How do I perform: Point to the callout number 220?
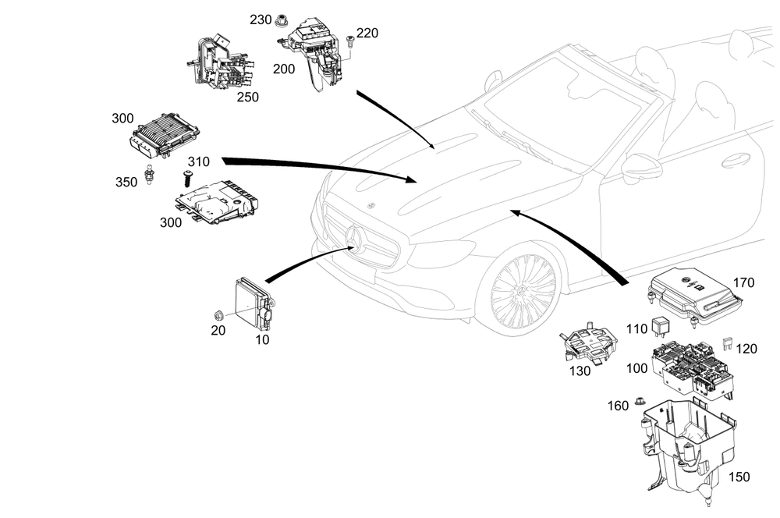367,34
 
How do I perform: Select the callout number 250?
247,98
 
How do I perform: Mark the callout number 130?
580,371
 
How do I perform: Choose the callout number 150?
740,476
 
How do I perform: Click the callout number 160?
618,406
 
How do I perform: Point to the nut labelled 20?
220,314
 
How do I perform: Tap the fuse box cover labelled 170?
693,293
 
